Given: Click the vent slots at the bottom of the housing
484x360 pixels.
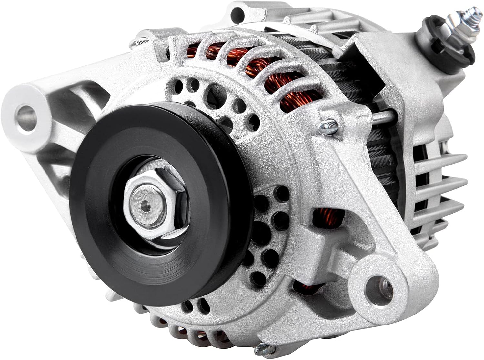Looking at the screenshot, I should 181,329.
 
